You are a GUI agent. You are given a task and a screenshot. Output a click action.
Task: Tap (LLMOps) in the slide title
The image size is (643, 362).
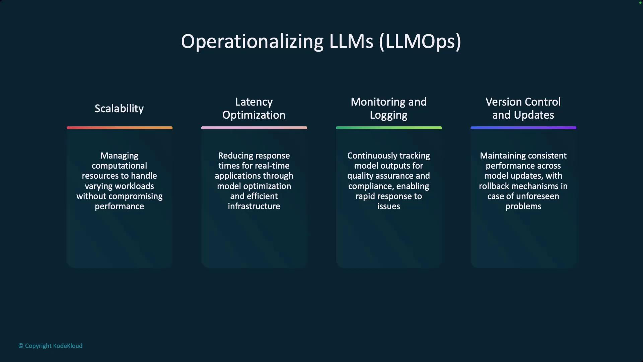point(420,42)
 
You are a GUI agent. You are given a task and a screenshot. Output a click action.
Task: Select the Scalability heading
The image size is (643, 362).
point(119,109)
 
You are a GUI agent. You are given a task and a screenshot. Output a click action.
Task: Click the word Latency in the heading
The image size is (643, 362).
point(254,102)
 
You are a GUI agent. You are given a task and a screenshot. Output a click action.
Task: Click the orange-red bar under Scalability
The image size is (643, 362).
point(120,128)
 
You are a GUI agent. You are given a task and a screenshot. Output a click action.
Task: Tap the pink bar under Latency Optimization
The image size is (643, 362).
point(254,128)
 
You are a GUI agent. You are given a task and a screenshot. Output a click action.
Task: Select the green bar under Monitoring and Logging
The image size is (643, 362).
point(389,128)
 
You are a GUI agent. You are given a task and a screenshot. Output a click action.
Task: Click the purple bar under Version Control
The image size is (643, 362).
point(523,128)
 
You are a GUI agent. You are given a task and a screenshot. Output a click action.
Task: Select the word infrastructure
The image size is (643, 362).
point(254,206)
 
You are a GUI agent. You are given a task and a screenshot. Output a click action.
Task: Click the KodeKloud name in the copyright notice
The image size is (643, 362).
point(68,346)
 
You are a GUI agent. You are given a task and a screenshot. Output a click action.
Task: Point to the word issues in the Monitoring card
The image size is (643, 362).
point(389,206)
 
